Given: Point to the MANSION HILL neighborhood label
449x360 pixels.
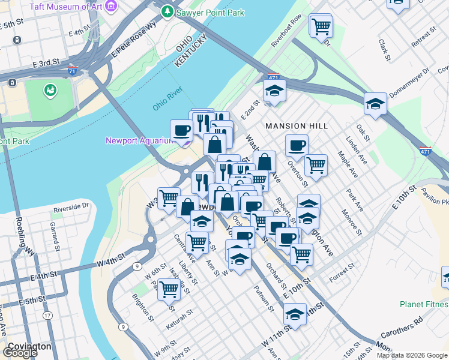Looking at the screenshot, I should tap(297, 126).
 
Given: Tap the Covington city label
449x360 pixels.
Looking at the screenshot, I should tap(28, 346).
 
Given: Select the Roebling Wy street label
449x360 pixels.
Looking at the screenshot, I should tap(23, 239).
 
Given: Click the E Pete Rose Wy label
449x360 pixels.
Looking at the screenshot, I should tap(133, 40).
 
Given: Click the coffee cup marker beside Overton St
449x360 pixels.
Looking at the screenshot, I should tap(296, 145).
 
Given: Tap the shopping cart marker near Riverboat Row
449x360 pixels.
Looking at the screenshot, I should tap(321, 26).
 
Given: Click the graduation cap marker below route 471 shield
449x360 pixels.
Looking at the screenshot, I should tap(274, 90).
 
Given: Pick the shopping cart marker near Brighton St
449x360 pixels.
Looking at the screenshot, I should tap(169, 289).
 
